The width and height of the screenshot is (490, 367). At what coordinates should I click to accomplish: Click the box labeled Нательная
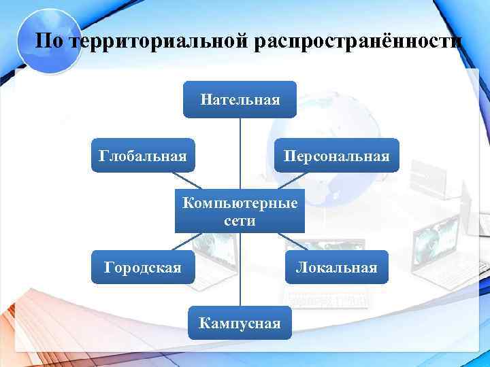click(240, 100)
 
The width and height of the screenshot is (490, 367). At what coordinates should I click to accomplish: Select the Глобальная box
click(143, 156)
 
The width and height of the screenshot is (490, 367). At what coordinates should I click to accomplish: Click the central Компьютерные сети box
click(240, 211)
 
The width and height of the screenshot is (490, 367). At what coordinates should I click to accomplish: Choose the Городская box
click(143, 267)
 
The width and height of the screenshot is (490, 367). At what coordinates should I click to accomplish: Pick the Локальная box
click(336, 267)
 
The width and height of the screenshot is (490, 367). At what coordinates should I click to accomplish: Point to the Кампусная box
click(240, 323)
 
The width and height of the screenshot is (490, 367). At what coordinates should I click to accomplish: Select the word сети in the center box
click(240, 221)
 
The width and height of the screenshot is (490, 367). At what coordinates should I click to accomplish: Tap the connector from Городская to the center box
click(186, 241)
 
